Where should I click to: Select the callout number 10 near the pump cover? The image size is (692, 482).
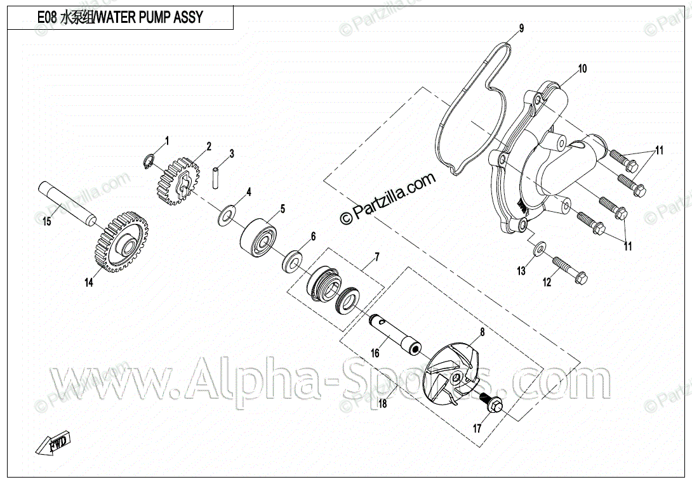pyautogui.click(x=582, y=68)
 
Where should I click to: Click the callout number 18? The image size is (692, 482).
pyautogui.click(x=382, y=403)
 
